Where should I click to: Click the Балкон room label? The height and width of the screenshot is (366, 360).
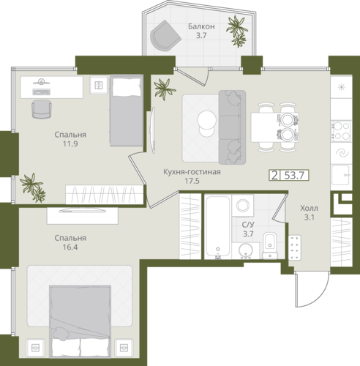[x=201, y=26]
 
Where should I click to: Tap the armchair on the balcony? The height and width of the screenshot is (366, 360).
[x=165, y=36]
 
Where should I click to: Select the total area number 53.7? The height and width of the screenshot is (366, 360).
[x=294, y=175]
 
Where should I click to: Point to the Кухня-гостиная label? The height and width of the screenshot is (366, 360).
[x=192, y=172]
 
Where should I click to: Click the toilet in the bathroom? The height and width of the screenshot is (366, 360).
[x=270, y=245]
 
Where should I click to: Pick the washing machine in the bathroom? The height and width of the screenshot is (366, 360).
[x=243, y=205]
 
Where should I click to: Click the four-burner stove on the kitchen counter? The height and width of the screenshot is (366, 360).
[x=341, y=131]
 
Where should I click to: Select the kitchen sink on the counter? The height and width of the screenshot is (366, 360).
[x=341, y=175]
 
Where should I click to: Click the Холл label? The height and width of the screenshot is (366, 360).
[x=309, y=208]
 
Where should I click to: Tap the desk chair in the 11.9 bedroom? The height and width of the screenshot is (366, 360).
[x=42, y=109]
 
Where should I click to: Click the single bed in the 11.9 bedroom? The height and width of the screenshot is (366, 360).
[x=127, y=111]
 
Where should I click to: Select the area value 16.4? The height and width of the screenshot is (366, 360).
[x=70, y=247]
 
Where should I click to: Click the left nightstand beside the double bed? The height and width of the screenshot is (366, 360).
[x=35, y=348]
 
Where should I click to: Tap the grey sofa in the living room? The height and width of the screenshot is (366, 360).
[x=232, y=127]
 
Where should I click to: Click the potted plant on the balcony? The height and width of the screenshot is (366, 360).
[x=237, y=31]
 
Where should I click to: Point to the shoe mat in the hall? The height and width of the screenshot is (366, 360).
[x=295, y=247]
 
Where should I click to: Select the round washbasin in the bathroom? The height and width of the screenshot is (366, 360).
[x=246, y=250]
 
